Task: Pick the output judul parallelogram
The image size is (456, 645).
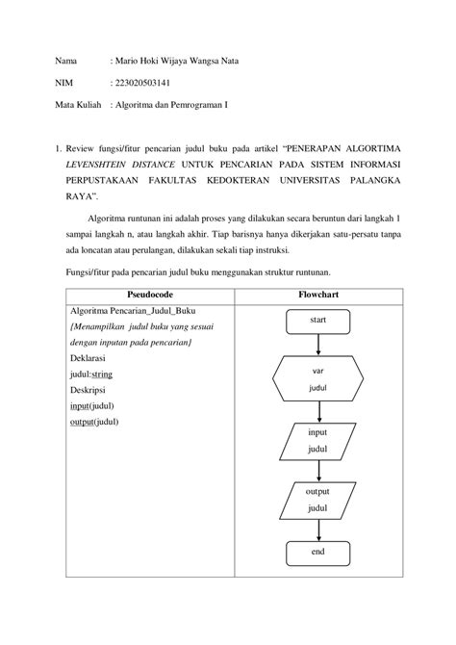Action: [x=317, y=499]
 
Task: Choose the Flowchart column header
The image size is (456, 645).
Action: [x=317, y=294]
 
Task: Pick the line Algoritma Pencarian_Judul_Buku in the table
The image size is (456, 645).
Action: [x=133, y=311]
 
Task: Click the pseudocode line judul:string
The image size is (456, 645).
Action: [x=92, y=373]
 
